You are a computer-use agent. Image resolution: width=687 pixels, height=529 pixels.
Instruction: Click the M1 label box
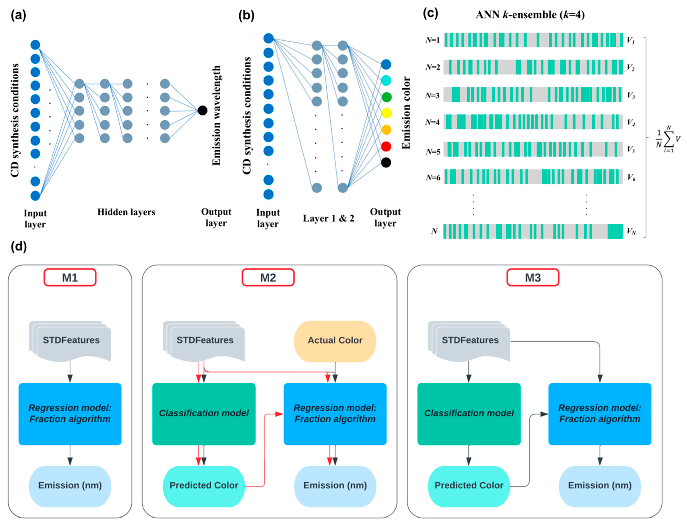pyautogui.click(x=70, y=277)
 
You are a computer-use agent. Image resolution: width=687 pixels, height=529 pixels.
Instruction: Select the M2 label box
pyautogui.click(x=268, y=277)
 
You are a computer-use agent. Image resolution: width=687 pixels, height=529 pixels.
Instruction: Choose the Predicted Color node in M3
pyautogui.click(x=469, y=486)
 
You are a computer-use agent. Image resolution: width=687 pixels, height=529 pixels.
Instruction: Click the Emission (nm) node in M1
pyautogui.click(x=70, y=486)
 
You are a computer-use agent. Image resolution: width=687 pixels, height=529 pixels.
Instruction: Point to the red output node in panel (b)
pyautogui.click(x=386, y=146)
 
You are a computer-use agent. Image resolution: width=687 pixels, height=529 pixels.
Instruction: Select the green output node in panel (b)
pyautogui.click(x=386, y=97)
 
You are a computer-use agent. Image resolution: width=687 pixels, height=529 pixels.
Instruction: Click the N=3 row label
pyautogui.click(x=432, y=95)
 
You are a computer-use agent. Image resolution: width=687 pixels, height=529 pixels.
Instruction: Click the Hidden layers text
pyautogui.click(x=126, y=212)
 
